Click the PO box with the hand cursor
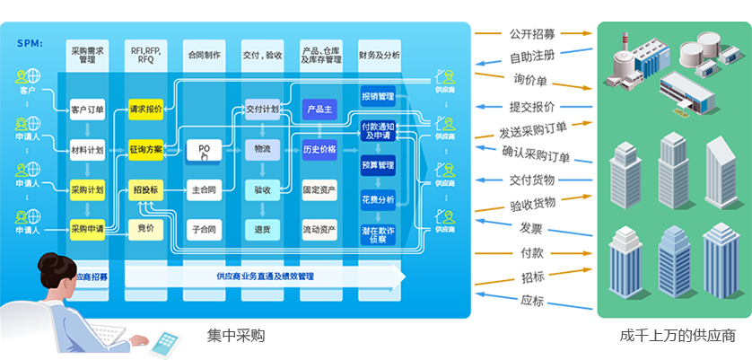[204, 150]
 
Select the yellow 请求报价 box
[145, 110]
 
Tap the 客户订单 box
[87, 110]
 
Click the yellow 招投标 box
[145, 189]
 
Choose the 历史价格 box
[319, 150]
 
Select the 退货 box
[262, 229]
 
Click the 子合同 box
[204, 229]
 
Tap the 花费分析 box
[378, 200]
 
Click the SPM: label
[31, 43]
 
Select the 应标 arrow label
[533, 299]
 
